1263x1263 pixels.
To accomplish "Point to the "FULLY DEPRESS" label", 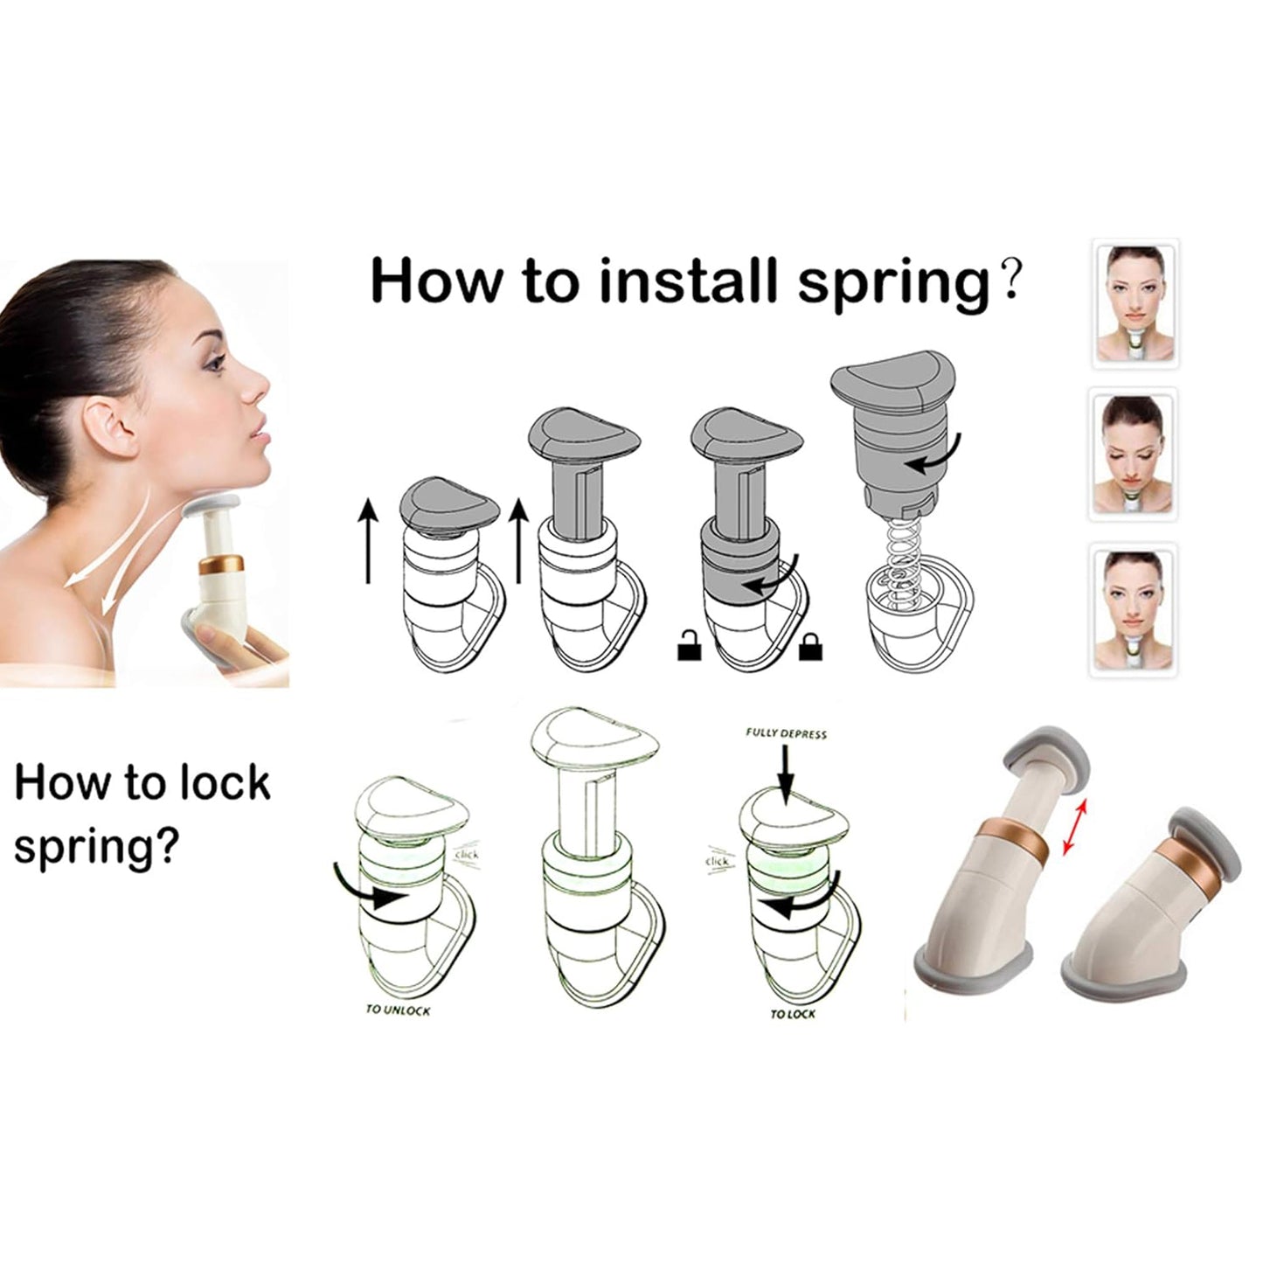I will [x=786, y=734].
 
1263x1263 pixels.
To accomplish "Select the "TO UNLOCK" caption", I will [x=398, y=1010].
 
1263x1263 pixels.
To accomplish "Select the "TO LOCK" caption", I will [x=792, y=1014].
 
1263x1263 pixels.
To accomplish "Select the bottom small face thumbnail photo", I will [x=1135, y=609].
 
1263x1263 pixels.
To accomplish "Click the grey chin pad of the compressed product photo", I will [x=1202, y=839].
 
